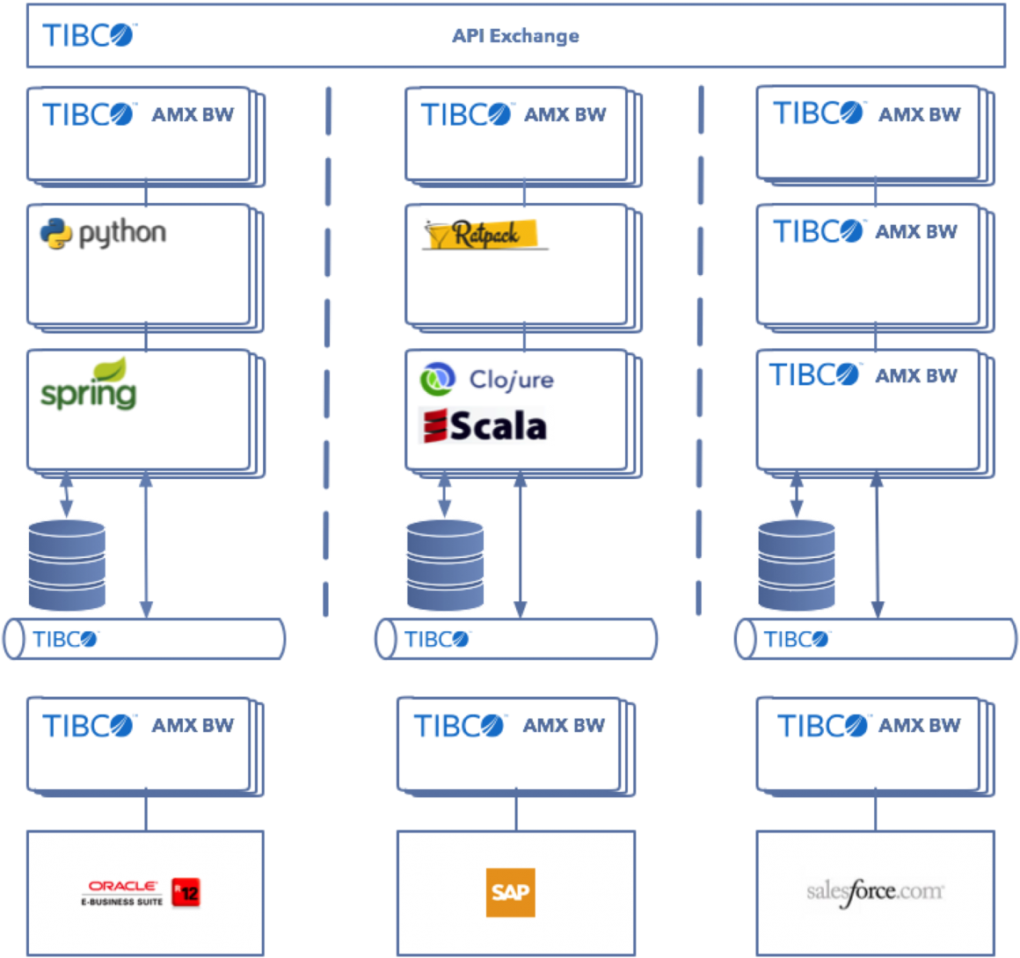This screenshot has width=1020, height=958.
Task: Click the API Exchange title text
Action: pyautogui.click(x=515, y=36)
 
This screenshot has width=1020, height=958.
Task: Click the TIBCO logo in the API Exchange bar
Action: pyautogui.click(x=90, y=36)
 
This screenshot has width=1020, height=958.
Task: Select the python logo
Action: pyautogui.click(x=102, y=232)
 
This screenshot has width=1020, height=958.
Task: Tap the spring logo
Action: pyautogui.click(x=89, y=385)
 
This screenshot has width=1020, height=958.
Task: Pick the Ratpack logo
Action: pyautogui.click(x=483, y=234)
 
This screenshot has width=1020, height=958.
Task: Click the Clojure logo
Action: pyautogui.click(x=485, y=379)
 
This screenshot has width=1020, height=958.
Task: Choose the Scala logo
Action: pyautogui.click(x=485, y=425)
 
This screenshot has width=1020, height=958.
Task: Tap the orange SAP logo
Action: pyautogui.click(x=510, y=892)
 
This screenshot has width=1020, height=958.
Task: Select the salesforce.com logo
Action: pyautogui.click(x=875, y=892)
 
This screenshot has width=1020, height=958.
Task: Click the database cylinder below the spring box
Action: pyautogui.click(x=68, y=565)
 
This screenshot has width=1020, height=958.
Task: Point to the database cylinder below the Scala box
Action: pyautogui.click(x=444, y=565)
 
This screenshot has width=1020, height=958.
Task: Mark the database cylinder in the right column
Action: pyautogui.click(x=797, y=565)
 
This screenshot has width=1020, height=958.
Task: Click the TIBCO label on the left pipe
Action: pyautogui.click(x=66, y=639)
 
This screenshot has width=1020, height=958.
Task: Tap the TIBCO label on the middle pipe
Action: pyautogui.click(x=437, y=639)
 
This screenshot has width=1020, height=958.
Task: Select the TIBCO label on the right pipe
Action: pyautogui.click(x=797, y=639)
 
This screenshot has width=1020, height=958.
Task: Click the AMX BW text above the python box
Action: pyautogui.click(x=193, y=114)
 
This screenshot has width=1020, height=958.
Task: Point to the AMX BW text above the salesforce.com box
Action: pyautogui.click(x=920, y=725)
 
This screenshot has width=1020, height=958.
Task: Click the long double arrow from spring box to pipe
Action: pyautogui.click(x=146, y=545)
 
